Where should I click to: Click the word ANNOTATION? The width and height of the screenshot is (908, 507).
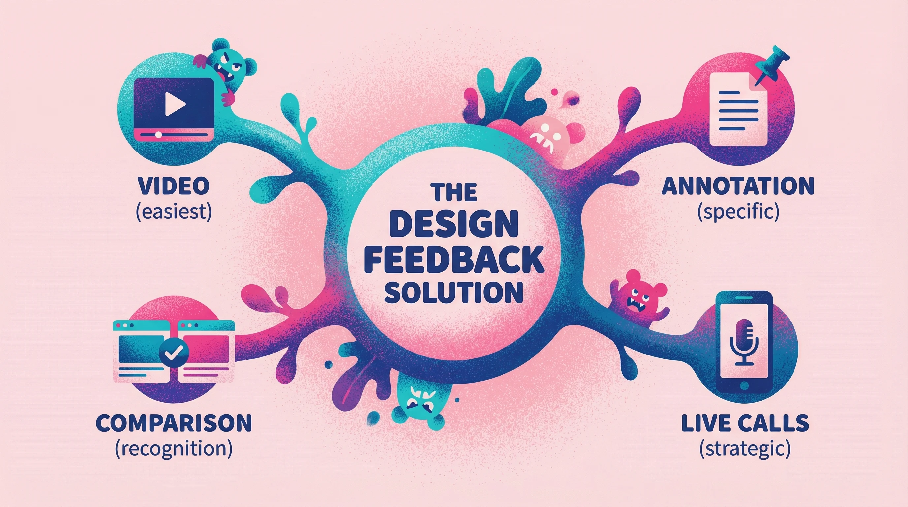click(738, 186)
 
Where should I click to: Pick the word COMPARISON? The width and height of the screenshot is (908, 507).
click(174, 423)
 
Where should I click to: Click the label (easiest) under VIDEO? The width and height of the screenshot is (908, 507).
click(174, 212)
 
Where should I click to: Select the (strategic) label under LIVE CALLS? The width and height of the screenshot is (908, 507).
click(744, 449)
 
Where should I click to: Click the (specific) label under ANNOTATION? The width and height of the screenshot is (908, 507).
click(738, 212)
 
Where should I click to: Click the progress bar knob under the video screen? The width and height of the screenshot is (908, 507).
click(159, 134)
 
